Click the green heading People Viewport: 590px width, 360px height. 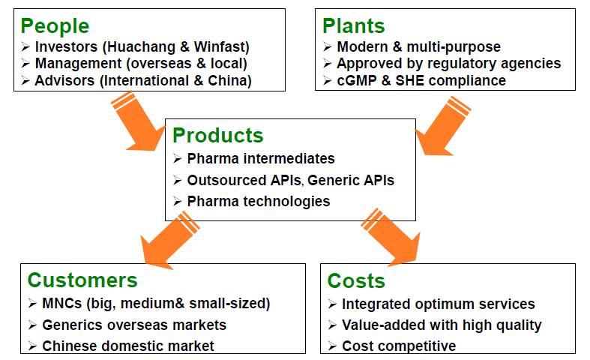[55, 26]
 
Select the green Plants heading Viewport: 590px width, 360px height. [354, 26]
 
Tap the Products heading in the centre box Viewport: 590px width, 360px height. [218, 136]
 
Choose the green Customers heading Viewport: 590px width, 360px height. [82, 280]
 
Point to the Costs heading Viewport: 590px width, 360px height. [356, 281]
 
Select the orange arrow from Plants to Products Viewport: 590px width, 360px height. [443, 126]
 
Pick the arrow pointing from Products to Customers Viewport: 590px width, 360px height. [169, 241]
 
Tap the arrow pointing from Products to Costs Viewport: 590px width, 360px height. [391, 237]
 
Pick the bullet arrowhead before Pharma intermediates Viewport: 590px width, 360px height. [178, 158]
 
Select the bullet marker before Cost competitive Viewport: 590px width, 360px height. [332, 346]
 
